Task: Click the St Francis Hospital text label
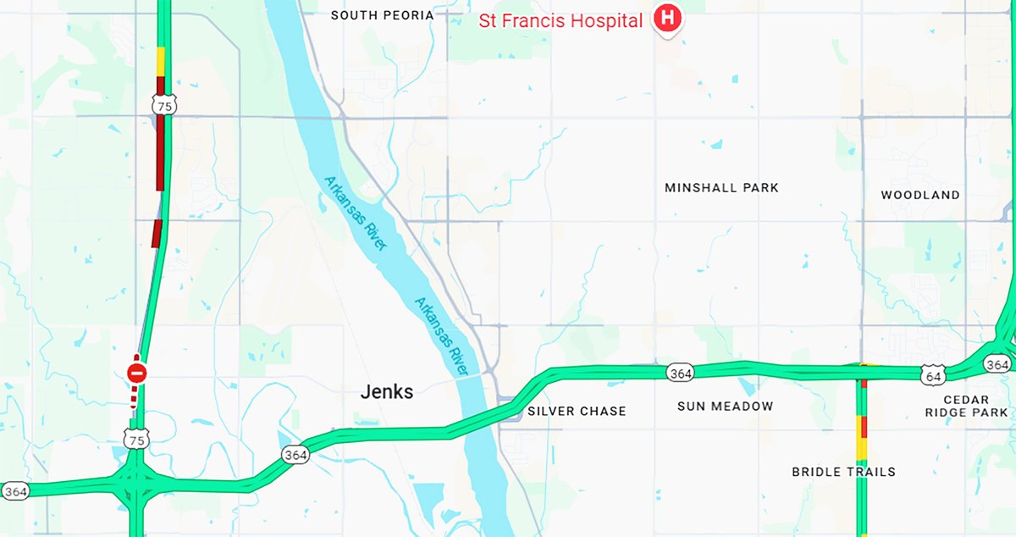pos(560,20)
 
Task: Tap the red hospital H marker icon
pos(668,18)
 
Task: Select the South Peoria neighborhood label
pos(382,15)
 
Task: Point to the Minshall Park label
pos(721,187)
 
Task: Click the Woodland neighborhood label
pos(920,195)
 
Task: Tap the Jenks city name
pos(387,392)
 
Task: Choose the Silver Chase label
pos(577,411)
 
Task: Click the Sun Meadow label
pos(725,407)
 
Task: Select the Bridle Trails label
pos(843,472)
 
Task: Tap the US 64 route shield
pos(932,374)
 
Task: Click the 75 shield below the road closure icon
pos(136,438)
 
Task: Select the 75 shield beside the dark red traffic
pos(161,105)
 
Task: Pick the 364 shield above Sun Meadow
pos(680,373)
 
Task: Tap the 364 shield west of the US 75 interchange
pos(15,491)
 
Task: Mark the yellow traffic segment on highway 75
pos(161,61)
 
